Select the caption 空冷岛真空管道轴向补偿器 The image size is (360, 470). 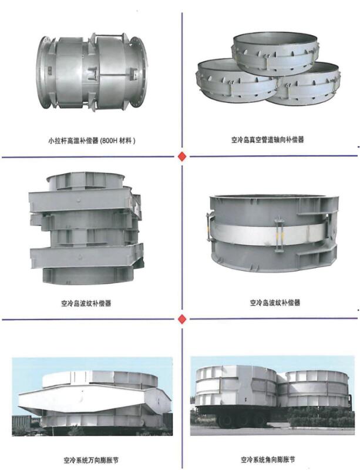(x=267, y=140)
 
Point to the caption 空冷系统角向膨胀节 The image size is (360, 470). (x=268, y=459)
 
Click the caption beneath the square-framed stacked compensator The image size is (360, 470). (x=86, y=303)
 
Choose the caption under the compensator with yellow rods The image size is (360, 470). (x=275, y=303)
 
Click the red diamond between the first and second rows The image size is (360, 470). (x=182, y=156)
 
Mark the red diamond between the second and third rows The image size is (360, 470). (x=182, y=319)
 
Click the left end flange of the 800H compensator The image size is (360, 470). (x=43, y=72)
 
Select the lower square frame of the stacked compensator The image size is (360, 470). (x=86, y=256)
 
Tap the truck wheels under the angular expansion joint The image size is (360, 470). (x=240, y=418)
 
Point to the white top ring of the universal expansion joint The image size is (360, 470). (x=99, y=378)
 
